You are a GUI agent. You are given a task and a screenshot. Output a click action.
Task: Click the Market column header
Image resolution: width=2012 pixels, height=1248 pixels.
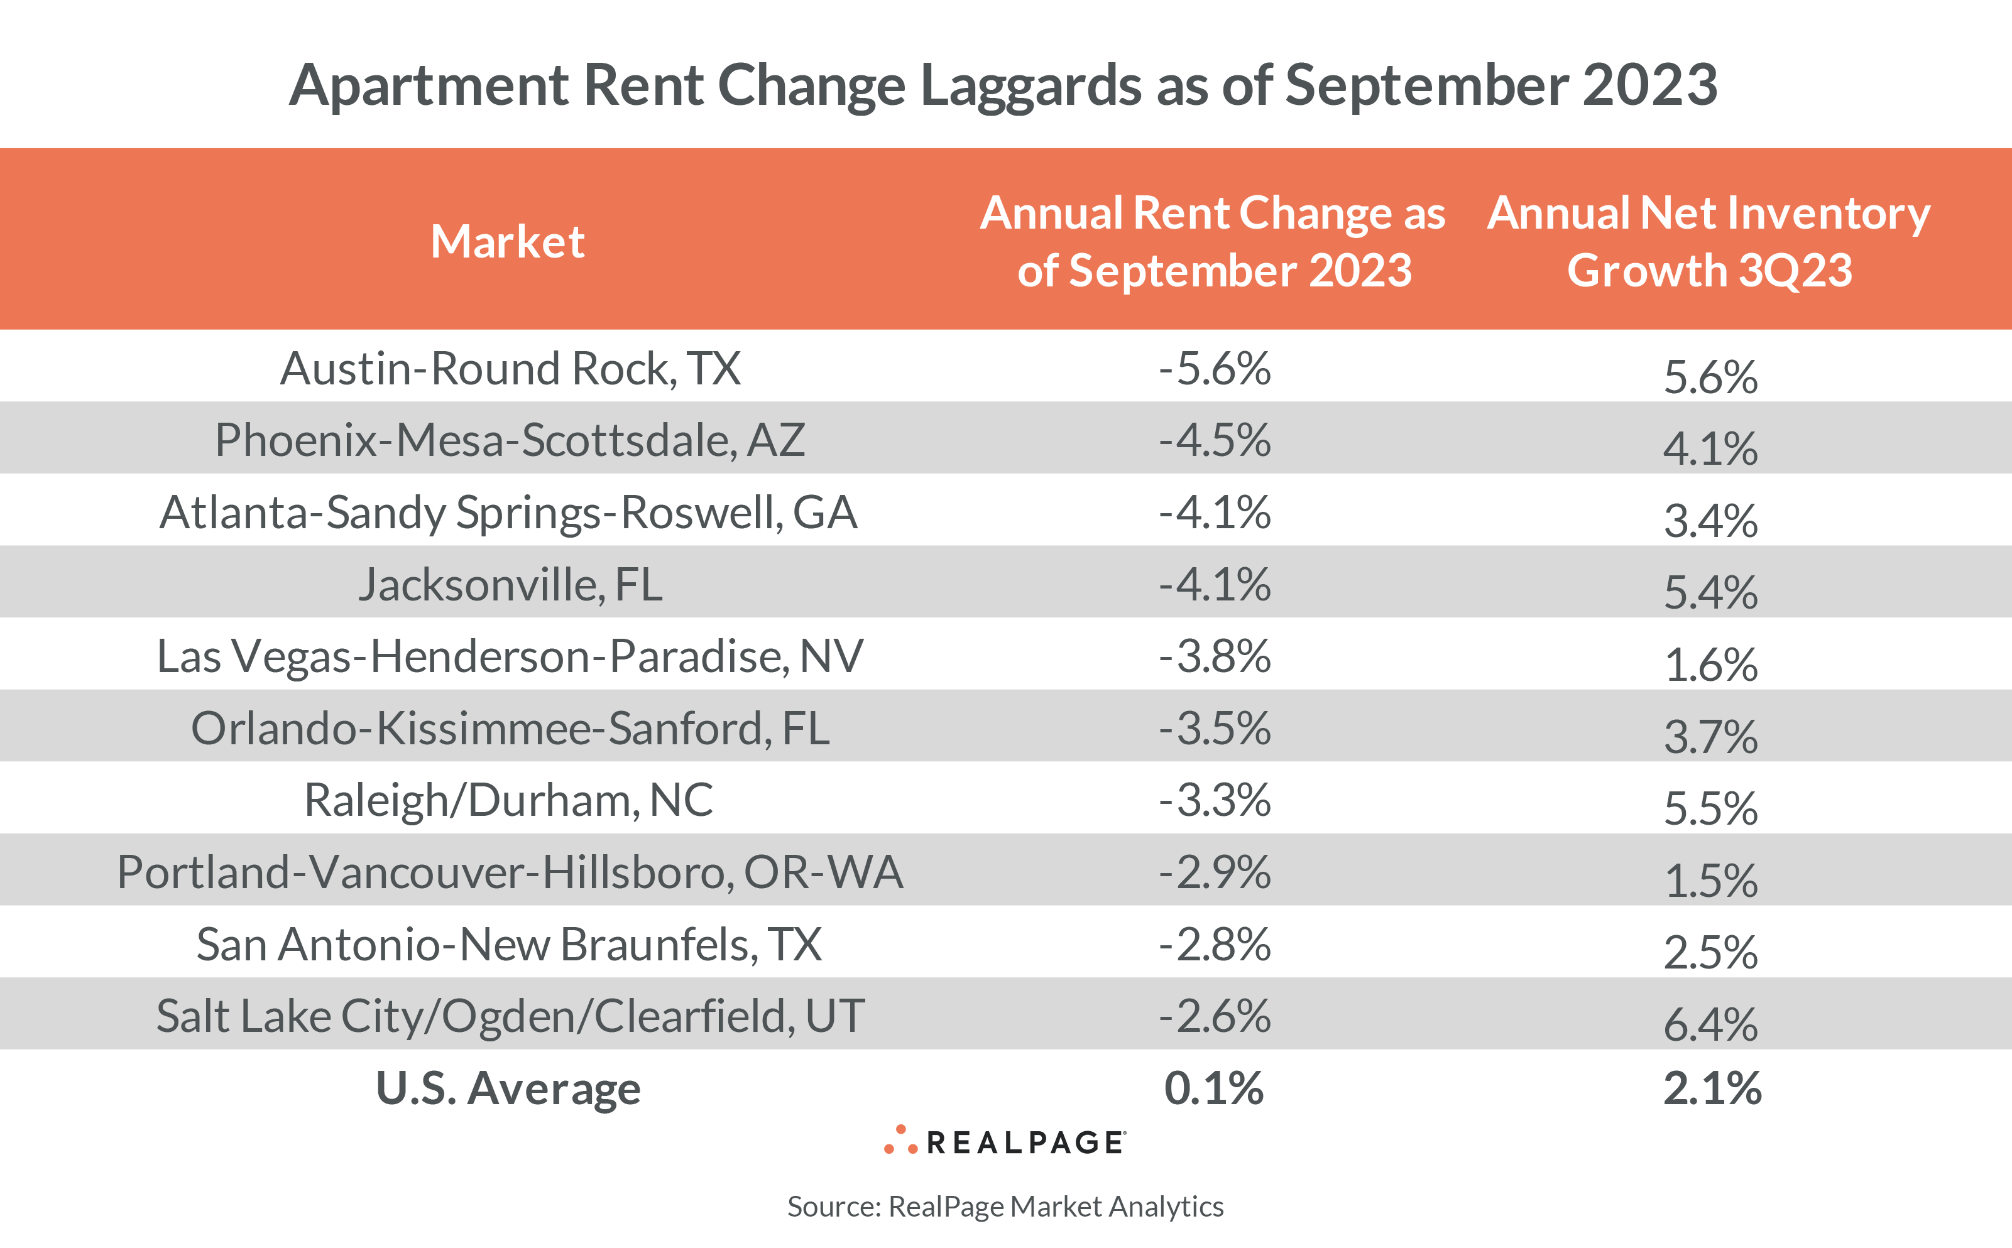click(507, 242)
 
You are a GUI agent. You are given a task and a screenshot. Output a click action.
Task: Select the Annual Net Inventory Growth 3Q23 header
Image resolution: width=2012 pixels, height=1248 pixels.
click(1709, 242)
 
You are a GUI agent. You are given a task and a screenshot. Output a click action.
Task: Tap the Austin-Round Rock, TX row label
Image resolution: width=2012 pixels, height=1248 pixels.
click(510, 368)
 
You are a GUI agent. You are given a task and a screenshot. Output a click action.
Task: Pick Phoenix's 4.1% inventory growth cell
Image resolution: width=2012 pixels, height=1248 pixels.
click(1710, 448)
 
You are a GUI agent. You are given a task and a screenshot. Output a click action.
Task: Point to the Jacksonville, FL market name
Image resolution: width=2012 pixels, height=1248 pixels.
click(510, 584)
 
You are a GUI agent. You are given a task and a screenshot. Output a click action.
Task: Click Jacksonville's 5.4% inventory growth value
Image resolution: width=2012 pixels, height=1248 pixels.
click(1710, 592)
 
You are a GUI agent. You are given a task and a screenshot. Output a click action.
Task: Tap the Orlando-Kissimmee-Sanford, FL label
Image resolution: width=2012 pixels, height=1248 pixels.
click(510, 728)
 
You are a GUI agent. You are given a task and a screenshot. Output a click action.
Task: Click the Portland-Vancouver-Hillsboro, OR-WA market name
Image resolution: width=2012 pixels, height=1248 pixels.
click(510, 872)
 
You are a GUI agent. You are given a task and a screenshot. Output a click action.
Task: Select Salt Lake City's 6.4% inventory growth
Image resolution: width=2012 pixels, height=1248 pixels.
click(1710, 1024)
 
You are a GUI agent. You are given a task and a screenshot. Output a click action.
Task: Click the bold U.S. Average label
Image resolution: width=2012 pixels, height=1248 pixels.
click(508, 1088)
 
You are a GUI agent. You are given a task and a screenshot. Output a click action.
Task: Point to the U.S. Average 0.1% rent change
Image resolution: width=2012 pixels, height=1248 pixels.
click(1213, 1088)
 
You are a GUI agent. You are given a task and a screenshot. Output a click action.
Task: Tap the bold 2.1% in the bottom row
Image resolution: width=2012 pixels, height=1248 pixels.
click(1712, 1088)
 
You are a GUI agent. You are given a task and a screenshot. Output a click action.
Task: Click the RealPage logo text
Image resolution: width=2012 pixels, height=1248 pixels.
click(1024, 1142)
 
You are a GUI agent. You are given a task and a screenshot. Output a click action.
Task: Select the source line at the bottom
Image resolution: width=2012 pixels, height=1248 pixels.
click(1005, 1206)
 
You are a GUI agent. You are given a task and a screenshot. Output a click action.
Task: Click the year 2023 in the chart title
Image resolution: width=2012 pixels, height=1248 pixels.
click(1649, 84)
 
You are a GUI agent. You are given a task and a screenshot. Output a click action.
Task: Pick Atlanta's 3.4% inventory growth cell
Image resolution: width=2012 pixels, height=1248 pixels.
click(1710, 520)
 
